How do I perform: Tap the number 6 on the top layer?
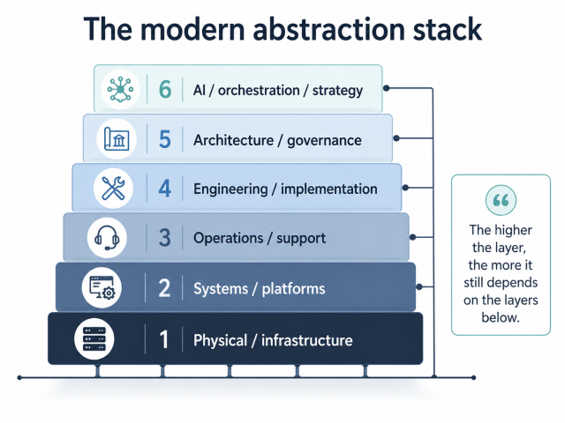(x=165, y=89)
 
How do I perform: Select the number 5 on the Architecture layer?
(x=164, y=139)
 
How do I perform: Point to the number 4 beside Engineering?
(x=164, y=189)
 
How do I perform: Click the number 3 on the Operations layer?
(x=164, y=237)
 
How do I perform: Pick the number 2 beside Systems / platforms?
(x=164, y=288)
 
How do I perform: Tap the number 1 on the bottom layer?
(x=164, y=340)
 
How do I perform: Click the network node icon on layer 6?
(x=119, y=89)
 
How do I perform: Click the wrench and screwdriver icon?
(x=113, y=188)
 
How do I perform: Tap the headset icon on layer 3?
(x=107, y=237)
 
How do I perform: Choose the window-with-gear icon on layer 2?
(x=99, y=287)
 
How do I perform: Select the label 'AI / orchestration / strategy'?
(x=278, y=90)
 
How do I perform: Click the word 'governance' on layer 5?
(x=324, y=140)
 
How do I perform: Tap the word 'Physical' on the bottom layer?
(x=220, y=340)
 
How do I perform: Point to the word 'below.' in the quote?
(x=501, y=317)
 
